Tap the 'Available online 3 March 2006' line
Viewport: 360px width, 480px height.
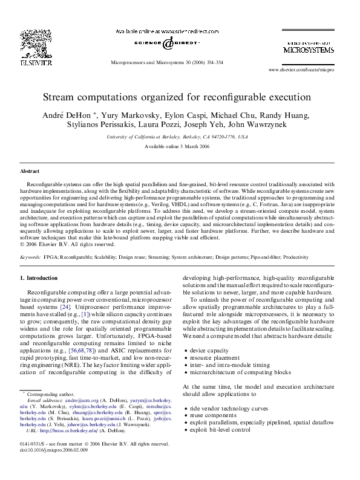point(180,147)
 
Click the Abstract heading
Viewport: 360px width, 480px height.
point(30,171)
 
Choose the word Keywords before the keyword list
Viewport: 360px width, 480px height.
point(30,257)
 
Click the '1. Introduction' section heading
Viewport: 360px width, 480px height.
point(39,277)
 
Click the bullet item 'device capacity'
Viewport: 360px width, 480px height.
point(209,350)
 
